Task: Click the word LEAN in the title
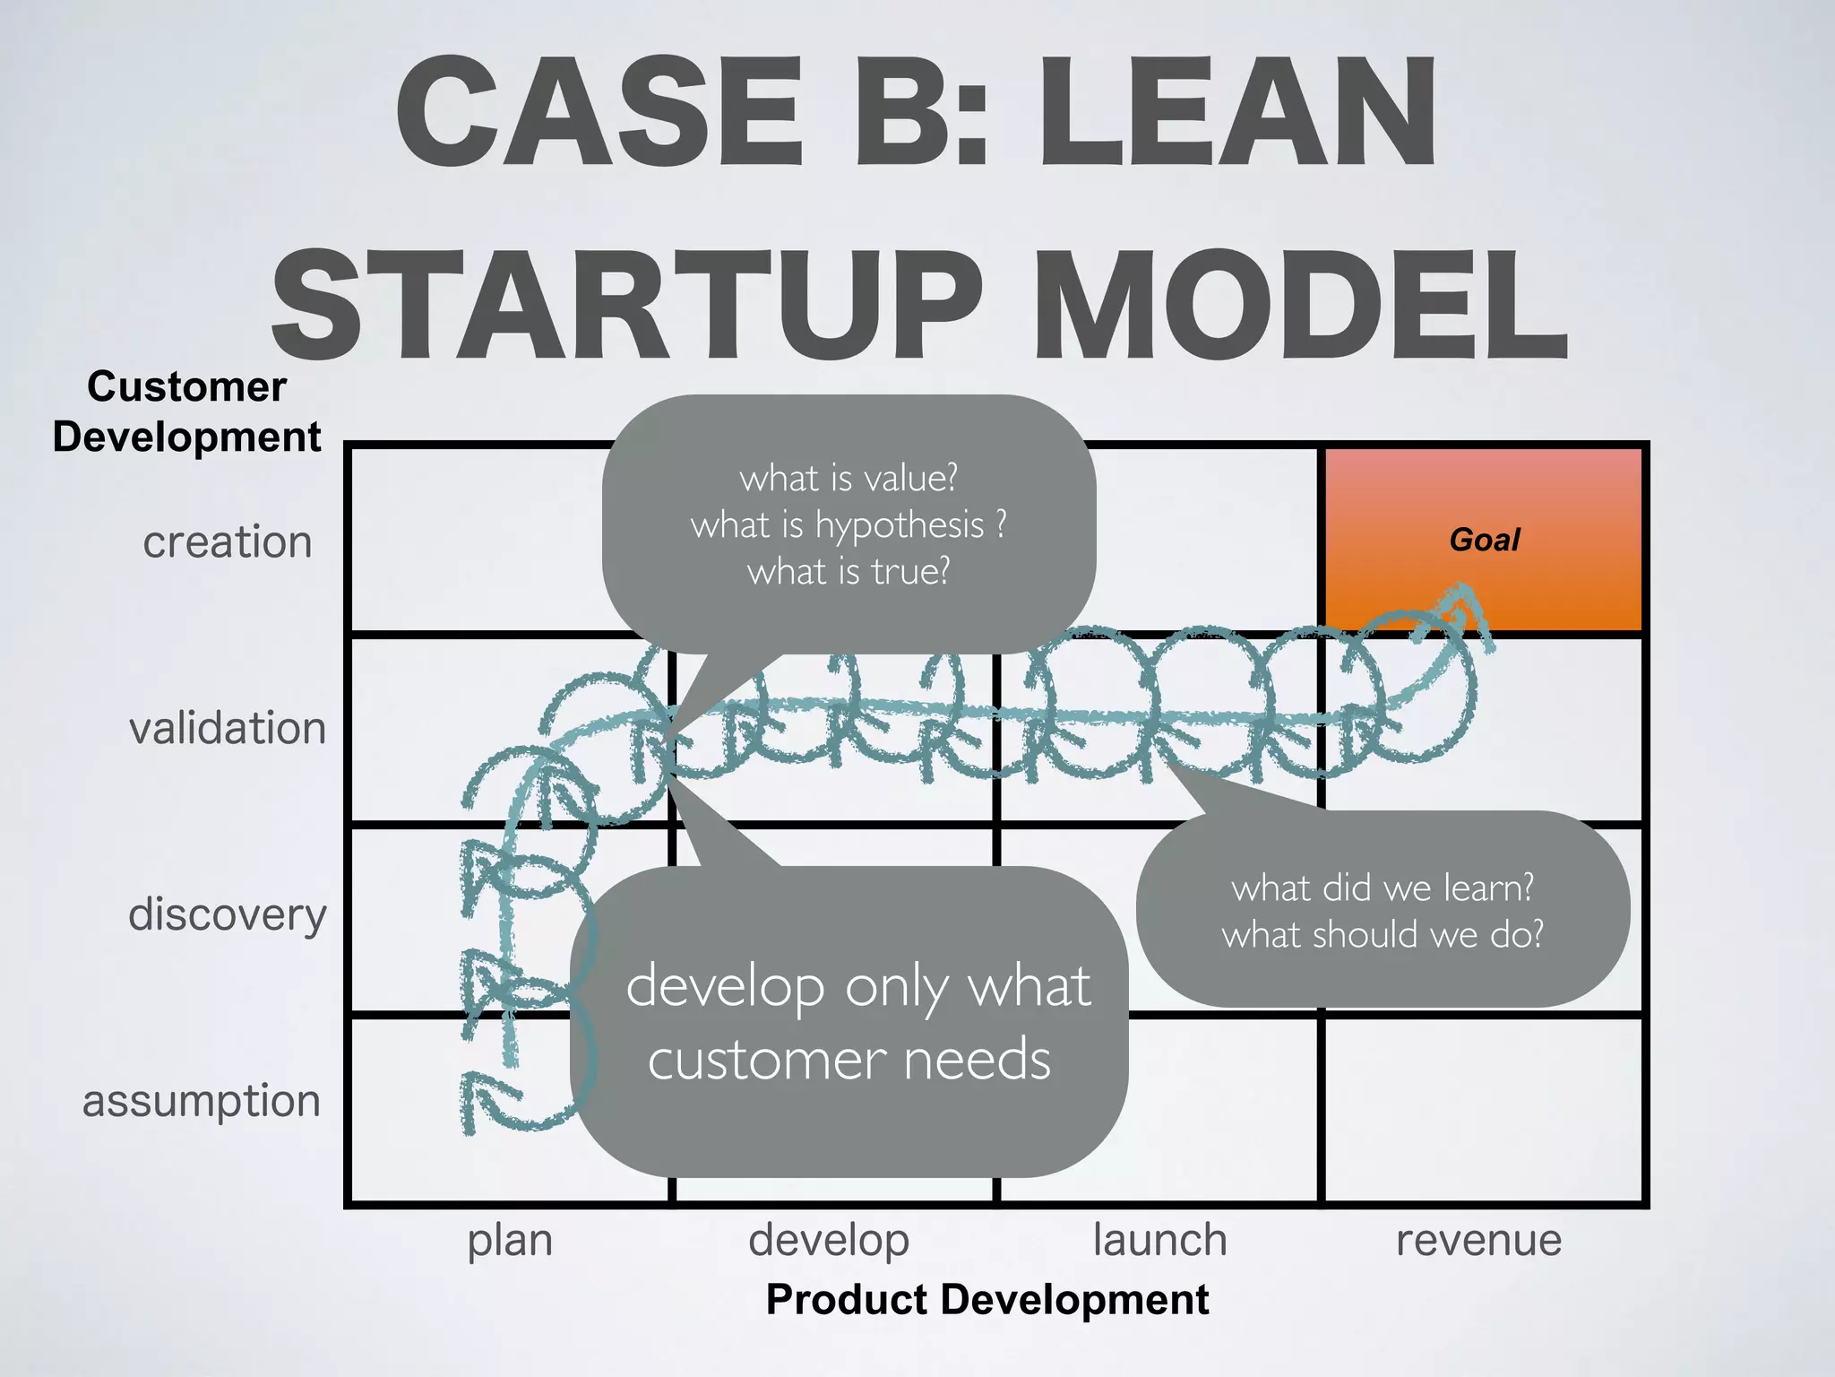(x=1236, y=112)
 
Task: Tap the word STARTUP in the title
(x=627, y=305)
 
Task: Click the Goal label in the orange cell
(x=1484, y=540)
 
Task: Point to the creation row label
(x=227, y=542)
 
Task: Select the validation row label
(x=227, y=728)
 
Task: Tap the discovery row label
(x=227, y=914)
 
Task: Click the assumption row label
(x=202, y=1101)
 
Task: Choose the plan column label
(x=510, y=1241)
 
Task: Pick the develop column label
(x=829, y=1241)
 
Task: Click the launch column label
(x=1159, y=1241)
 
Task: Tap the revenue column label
(x=1478, y=1241)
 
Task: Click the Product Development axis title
(x=986, y=1300)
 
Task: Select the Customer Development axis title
(x=186, y=412)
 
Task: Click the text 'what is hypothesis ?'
(x=848, y=524)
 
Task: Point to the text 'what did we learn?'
(x=1382, y=888)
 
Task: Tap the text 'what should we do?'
(x=1382, y=935)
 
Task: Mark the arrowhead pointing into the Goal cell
(x=1462, y=599)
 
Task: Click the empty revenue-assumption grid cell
(x=1483, y=1110)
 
